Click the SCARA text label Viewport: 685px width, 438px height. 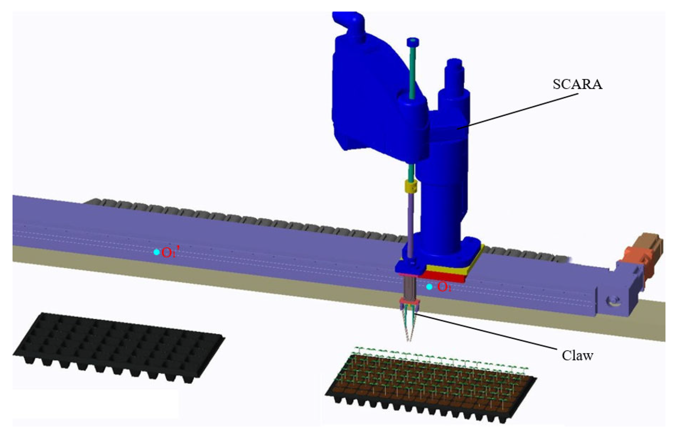(x=577, y=84)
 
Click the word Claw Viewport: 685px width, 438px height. (x=577, y=356)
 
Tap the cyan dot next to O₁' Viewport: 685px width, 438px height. (x=157, y=252)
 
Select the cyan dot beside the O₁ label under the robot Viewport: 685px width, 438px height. (x=429, y=287)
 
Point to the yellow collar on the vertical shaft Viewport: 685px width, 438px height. (x=410, y=186)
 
